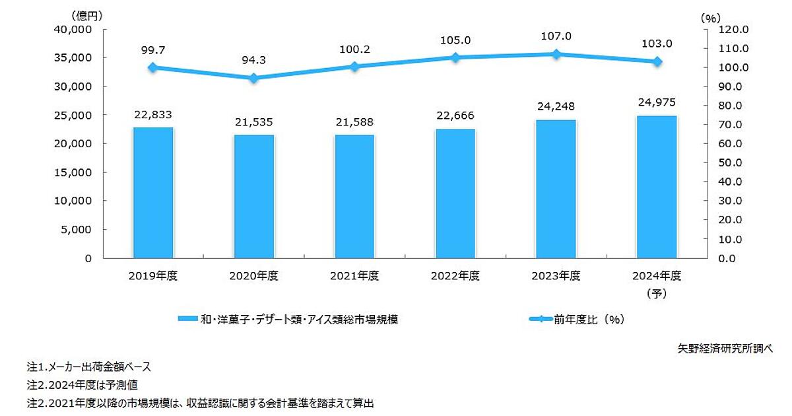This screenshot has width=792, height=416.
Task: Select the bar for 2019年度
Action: (x=153, y=192)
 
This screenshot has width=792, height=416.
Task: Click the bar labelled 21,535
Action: (x=254, y=196)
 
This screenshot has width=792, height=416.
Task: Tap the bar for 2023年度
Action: (x=556, y=189)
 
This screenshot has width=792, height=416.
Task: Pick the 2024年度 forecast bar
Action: (x=657, y=187)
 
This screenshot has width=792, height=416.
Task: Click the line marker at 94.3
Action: (x=254, y=78)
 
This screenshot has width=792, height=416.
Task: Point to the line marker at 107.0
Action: (x=556, y=54)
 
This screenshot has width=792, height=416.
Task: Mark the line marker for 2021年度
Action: (x=354, y=67)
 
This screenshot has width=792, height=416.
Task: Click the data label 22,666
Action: (x=455, y=116)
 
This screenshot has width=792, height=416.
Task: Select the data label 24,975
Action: (x=657, y=103)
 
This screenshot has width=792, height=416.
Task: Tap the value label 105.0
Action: (x=455, y=40)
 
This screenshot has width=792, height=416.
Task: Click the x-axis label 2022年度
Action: (x=455, y=276)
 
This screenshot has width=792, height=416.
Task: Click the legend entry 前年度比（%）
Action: (x=577, y=320)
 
